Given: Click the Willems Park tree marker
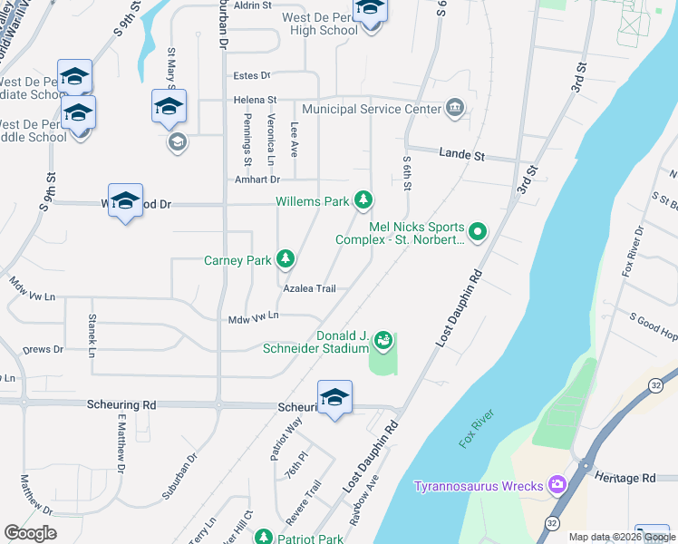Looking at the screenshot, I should [363, 199].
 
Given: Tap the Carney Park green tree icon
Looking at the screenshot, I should [286, 260].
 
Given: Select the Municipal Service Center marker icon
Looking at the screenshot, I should [455, 109].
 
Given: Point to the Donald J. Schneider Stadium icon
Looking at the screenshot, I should [384, 341].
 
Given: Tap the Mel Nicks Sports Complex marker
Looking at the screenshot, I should [478, 233].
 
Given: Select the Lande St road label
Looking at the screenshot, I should [461, 155].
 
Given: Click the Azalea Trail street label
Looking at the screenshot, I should [309, 288].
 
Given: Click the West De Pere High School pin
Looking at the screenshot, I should [369, 11].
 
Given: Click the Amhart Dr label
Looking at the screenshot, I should [254, 180].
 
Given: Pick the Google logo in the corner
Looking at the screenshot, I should [30, 533].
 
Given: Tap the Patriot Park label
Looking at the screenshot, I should [311, 539].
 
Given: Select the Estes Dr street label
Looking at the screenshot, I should [252, 75].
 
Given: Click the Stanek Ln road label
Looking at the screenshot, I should [92, 333].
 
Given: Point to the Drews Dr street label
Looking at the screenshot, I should [43, 348].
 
